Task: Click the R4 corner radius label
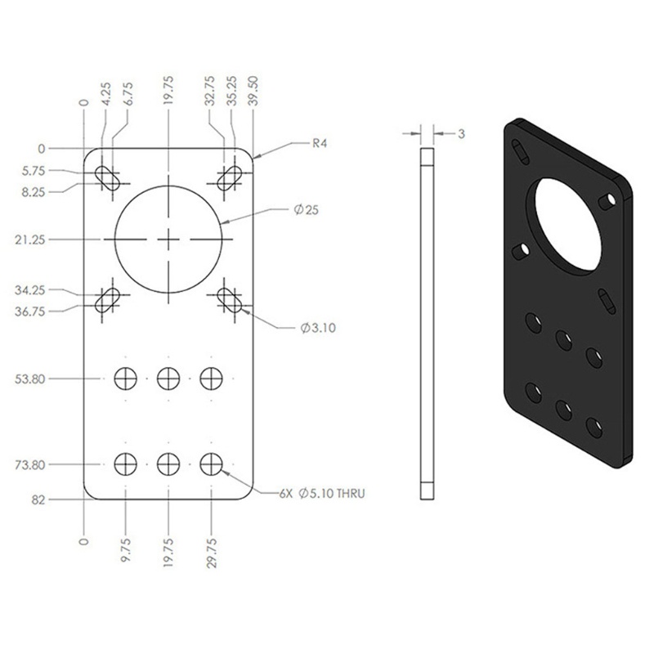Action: click(321, 143)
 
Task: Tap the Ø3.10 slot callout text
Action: click(316, 328)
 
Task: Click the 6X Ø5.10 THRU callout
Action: click(320, 494)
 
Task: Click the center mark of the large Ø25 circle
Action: click(168, 239)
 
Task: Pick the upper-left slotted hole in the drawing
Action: click(107, 175)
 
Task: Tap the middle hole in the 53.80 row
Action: click(168, 379)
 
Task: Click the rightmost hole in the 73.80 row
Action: click(212, 464)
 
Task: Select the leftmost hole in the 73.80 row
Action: click(125, 464)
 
